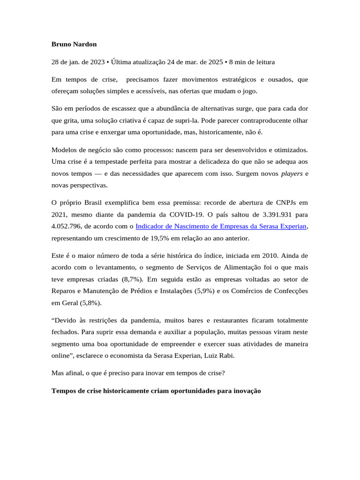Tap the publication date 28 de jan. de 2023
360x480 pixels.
[77, 62]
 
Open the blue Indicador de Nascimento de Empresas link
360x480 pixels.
[221, 226]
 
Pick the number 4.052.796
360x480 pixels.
[67, 226]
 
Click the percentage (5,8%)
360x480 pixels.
[89, 303]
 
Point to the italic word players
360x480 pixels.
[291, 173]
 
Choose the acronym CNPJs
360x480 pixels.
[281, 202]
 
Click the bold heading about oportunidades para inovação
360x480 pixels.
[156, 390]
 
